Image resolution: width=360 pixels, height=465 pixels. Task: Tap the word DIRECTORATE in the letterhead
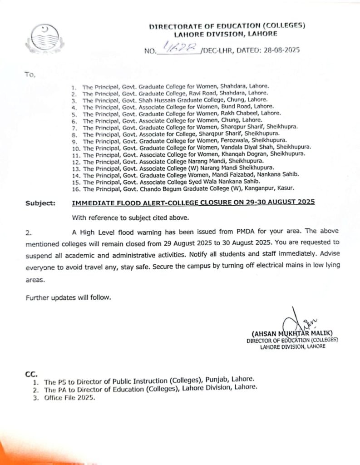point(173,27)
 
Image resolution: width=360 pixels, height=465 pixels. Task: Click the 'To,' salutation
point(31,74)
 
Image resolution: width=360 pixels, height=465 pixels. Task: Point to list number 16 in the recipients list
point(75,188)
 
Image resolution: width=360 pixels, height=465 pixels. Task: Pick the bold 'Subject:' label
point(40,203)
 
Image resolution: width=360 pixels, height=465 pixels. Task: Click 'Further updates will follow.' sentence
point(68,297)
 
